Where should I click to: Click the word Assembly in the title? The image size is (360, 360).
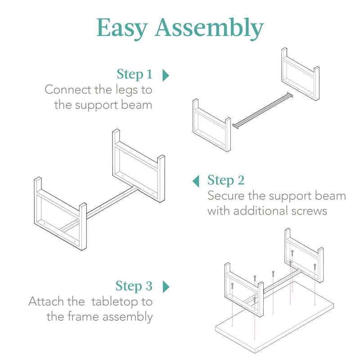coord(209,29)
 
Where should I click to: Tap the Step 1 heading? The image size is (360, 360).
coord(135,74)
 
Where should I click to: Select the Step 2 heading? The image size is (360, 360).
coord(226,180)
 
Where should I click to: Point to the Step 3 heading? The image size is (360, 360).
coord(134,286)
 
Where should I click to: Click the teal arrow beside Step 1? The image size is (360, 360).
coord(166,75)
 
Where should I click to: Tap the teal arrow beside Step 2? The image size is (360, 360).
coord(196,181)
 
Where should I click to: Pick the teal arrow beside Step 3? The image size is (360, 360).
coord(166,286)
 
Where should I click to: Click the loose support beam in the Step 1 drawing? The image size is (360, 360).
coord(263,110)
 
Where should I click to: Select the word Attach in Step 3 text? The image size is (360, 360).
coord(49,301)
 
